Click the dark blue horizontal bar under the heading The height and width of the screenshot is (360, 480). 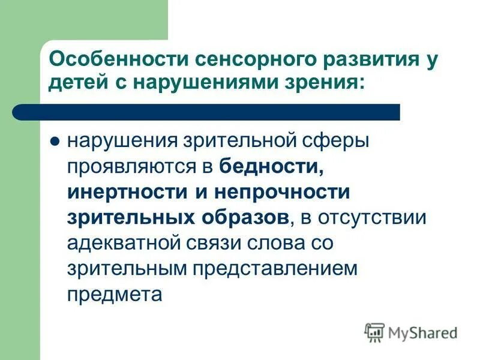click(204, 112)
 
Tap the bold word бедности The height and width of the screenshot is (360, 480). click(272, 167)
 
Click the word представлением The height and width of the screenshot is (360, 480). click(274, 269)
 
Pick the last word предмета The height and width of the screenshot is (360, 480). click(115, 295)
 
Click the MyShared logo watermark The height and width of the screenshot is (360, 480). click(411, 332)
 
